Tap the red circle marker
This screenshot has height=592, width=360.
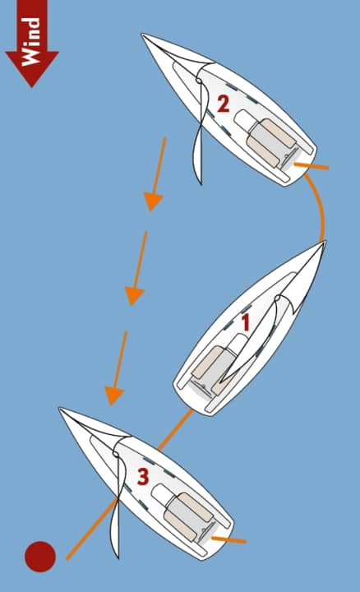point(39,557)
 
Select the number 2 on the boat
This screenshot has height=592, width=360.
point(223,104)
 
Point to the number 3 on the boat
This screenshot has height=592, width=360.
point(142,477)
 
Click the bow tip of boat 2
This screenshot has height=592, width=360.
point(143,35)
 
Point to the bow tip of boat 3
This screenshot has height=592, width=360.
point(60,409)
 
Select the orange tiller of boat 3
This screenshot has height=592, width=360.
point(228,540)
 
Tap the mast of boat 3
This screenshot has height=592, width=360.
point(116,453)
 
